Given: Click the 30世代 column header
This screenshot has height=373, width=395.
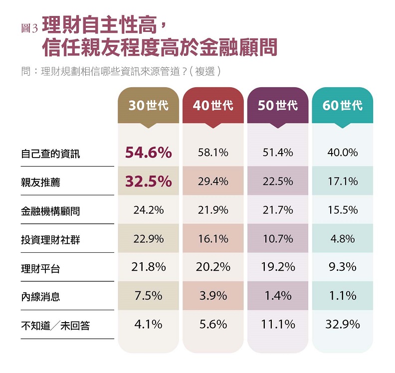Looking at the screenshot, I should pos(148,105).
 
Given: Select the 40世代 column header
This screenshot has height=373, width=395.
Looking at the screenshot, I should pos(213,105).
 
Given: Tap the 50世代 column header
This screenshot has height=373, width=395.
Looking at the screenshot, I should pos(278,105).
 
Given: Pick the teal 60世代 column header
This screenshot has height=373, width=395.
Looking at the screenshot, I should pos(342,105).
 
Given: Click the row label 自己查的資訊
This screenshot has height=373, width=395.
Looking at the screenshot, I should pos(50,154).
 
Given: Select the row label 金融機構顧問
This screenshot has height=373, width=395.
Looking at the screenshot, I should pos(50,211).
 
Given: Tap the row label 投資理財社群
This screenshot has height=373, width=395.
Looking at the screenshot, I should pos(50,240).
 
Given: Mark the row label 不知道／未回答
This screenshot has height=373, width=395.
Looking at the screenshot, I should pos(55,326).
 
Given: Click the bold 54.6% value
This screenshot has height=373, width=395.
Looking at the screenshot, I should pos(148,153).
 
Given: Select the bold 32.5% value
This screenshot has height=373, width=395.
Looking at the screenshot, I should pos(148,182).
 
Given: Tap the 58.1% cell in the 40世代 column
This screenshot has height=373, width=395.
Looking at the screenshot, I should pos(213,153).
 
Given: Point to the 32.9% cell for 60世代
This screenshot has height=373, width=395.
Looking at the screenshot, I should pos(342,325).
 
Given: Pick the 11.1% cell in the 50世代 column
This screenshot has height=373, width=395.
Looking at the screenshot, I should pos(278,325).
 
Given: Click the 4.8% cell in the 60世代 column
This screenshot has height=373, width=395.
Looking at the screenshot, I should pos(342,239).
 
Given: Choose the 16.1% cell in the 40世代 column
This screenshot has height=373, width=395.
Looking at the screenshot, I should pos(213,239).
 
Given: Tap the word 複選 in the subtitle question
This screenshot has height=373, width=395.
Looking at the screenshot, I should pos(204,71).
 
